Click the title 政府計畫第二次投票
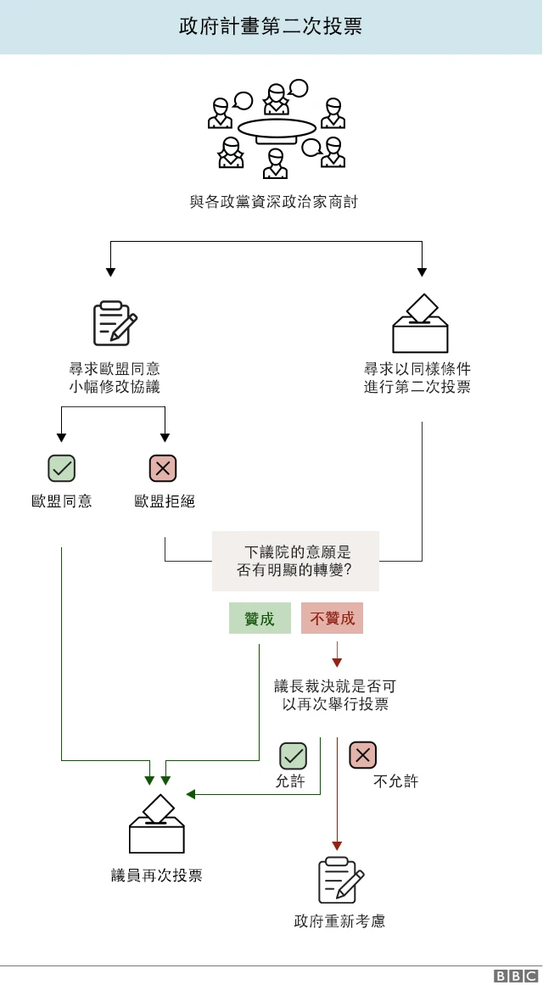point(271,26)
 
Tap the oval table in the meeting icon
point(277,128)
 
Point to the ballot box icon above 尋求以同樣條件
point(420,324)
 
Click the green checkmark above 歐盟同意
point(61,467)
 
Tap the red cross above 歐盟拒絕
point(163,467)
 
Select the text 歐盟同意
point(61,501)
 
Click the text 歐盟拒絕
point(165,501)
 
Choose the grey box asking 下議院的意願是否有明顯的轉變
point(295,561)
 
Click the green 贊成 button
point(260,618)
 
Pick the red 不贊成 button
point(332,618)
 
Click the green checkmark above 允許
point(294,755)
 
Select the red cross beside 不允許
point(363,755)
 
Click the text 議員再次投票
point(157,876)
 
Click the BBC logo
point(516,976)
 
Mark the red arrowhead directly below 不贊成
point(337,662)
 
